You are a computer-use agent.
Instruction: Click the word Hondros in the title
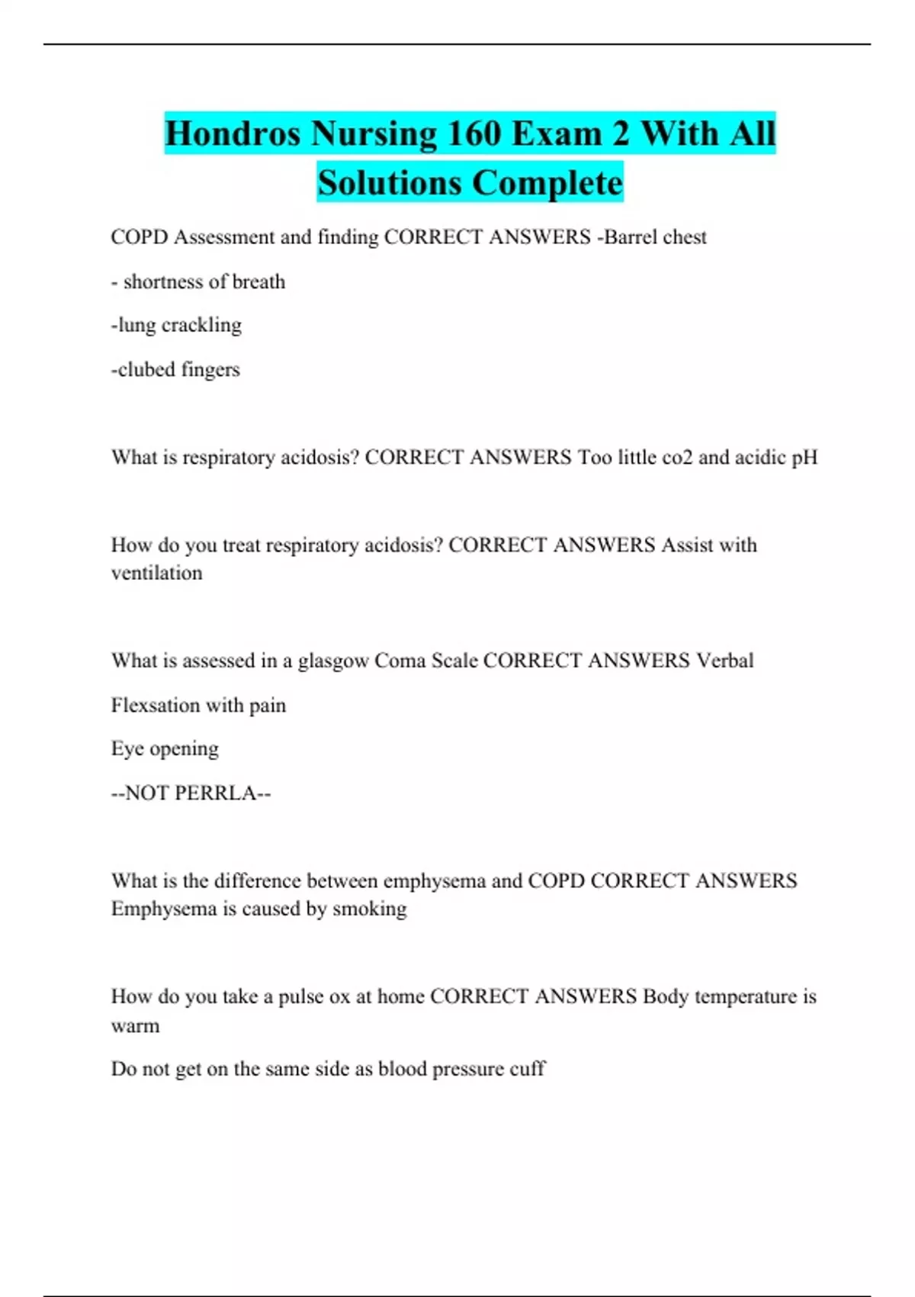pos(233,134)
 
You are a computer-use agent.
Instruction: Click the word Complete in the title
pos(547,184)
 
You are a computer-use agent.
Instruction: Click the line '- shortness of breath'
pos(198,282)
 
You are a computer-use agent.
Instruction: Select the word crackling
pos(201,325)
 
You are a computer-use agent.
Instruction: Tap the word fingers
pos(210,369)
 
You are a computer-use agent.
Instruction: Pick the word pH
pos(804,457)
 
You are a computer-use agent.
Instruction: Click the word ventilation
pos(157,573)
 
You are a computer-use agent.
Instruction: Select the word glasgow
pos(333,661)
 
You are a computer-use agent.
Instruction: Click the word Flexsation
pos(156,705)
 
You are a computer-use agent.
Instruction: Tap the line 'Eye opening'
pos(165,749)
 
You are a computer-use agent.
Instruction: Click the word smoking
pos(370,909)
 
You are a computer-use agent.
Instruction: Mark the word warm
pos(136,1025)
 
